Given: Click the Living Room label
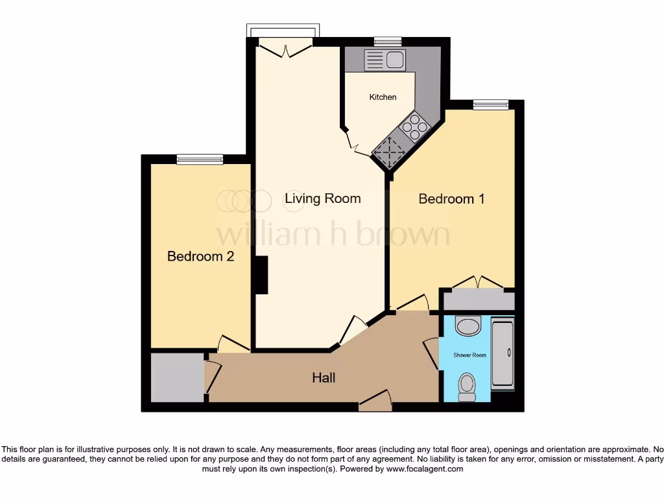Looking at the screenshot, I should tap(322, 198).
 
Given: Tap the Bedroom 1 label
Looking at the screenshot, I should tap(451, 199).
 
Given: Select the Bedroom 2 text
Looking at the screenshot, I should tap(200, 256).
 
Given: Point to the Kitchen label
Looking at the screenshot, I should tap(383, 97).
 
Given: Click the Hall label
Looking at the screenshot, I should tap(324, 377).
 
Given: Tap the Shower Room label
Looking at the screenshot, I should tap(469, 355).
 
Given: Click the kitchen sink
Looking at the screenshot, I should tap(385, 60).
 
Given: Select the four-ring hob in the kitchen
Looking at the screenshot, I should tap(414, 124).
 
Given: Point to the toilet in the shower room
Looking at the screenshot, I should tap(467, 387).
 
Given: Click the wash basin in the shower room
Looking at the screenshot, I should tap(468, 326).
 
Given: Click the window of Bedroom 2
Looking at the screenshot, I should tap(200, 159).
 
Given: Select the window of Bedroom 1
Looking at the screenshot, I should tap(490, 104).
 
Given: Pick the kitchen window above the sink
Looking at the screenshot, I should tap(388, 42).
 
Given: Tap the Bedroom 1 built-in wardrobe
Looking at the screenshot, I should tap(478, 300).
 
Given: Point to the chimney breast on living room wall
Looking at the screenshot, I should tap(261, 275).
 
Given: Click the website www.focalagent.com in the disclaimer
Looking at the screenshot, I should tap(425, 469).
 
